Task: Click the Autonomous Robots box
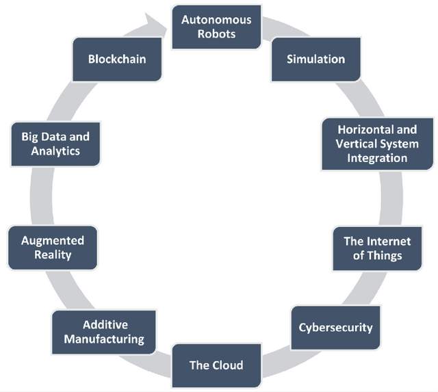coord(216,27)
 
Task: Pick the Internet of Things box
coord(377,248)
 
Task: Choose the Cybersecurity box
coord(335,327)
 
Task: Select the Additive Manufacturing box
coord(104,332)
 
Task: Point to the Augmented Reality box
coord(53,248)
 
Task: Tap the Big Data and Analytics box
coord(55,144)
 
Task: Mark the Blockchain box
coord(117,59)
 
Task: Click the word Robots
coord(216,34)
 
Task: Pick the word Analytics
coord(55,151)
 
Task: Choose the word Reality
coord(53,255)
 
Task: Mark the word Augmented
coord(53,241)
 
